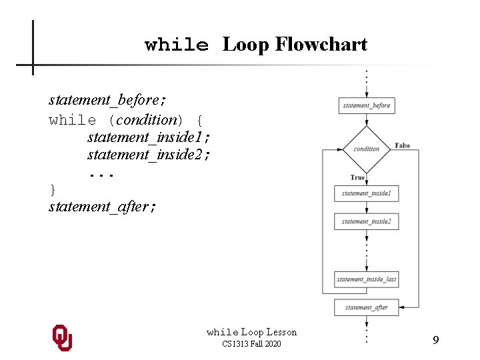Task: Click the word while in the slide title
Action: pyautogui.click(x=177, y=45)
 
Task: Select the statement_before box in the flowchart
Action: pyautogui.click(x=366, y=105)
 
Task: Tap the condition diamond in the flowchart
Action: pyautogui.click(x=366, y=149)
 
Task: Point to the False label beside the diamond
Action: pyautogui.click(x=403, y=145)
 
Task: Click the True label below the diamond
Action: pyautogui.click(x=357, y=177)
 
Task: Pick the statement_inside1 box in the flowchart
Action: pyautogui.click(x=366, y=193)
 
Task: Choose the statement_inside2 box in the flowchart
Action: pyautogui.click(x=366, y=221)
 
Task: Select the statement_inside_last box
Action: pyautogui.click(x=366, y=279)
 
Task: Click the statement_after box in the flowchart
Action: pyautogui.click(x=366, y=307)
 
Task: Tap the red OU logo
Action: pyautogui.click(x=62, y=338)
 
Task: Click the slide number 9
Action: pyautogui.click(x=435, y=340)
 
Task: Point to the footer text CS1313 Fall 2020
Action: pyautogui.click(x=251, y=344)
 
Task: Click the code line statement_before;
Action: pyautogui.click(x=107, y=100)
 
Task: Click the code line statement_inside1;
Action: pyautogui.click(x=149, y=137)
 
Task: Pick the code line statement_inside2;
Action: pyautogui.click(x=149, y=155)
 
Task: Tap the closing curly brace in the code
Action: pyautogui.click(x=53, y=190)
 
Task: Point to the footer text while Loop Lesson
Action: pyautogui.click(x=251, y=332)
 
